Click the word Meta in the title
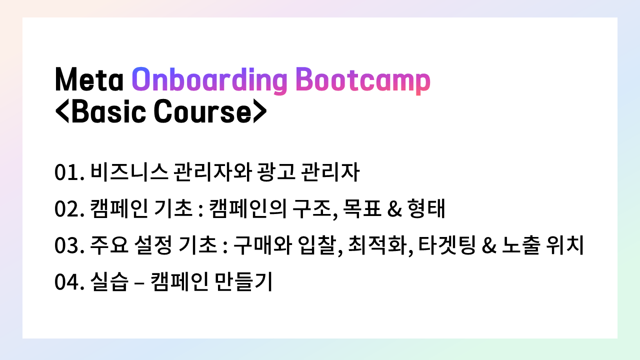tap(89, 79)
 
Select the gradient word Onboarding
tap(209, 81)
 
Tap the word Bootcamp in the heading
tap(363, 81)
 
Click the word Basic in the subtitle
tap(109, 111)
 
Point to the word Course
tap(202, 111)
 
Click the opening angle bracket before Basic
tap(62, 111)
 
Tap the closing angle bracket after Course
tap(260, 111)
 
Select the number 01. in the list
tap(69, 172)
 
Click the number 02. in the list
tap(69, 209)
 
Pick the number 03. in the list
tap(69, 245)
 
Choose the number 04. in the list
tap(69, 282)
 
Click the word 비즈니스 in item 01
tap(129, 172)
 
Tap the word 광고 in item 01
tap(276, 172)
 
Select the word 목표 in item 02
tap(362, 208)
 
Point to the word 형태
tap(426, 208)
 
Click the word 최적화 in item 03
tap(377, 245)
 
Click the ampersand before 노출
tap(489, 245)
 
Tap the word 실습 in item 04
tap(109, 281)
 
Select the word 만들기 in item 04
tap(243, 281)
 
